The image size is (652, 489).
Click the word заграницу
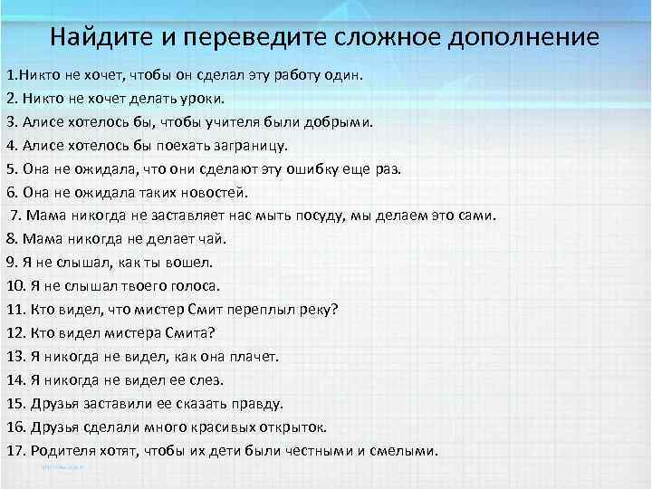249,145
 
